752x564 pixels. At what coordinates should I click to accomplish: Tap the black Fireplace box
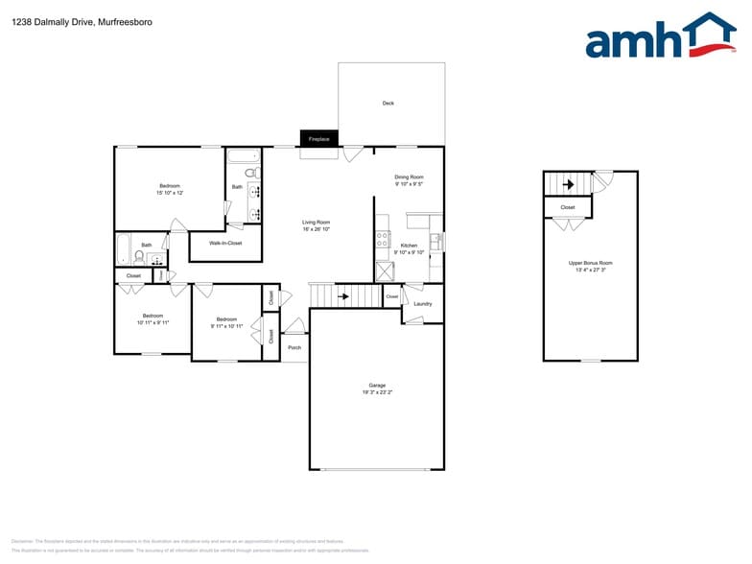(x=318, y=139)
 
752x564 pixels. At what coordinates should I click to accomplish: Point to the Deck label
(x=388, y=103)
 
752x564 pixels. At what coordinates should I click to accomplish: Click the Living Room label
(x=316, y=223)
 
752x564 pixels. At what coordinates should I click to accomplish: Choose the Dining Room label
(x=409, y=176)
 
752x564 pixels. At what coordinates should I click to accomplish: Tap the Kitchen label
(x=409, y=246)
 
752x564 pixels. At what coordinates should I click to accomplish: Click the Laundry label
(x=422, y=304)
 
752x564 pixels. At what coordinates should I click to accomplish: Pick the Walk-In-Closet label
(x=225, y=243)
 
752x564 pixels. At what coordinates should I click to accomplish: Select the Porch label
(x=294, y=347)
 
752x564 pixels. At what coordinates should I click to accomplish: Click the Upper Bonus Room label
(x=590, y=263)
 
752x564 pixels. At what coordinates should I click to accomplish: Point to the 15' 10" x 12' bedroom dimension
(x=170, y=193)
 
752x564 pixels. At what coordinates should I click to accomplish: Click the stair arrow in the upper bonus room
(x=567, y=184)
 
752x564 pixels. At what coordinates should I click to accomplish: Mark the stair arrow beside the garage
(x=343, y=296)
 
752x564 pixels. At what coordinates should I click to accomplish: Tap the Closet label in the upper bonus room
(x=567, y=206)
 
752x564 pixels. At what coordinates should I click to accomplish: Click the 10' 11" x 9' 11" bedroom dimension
(x=153, y=323)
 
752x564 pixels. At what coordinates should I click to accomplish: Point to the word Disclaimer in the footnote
(x=21, y=541)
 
